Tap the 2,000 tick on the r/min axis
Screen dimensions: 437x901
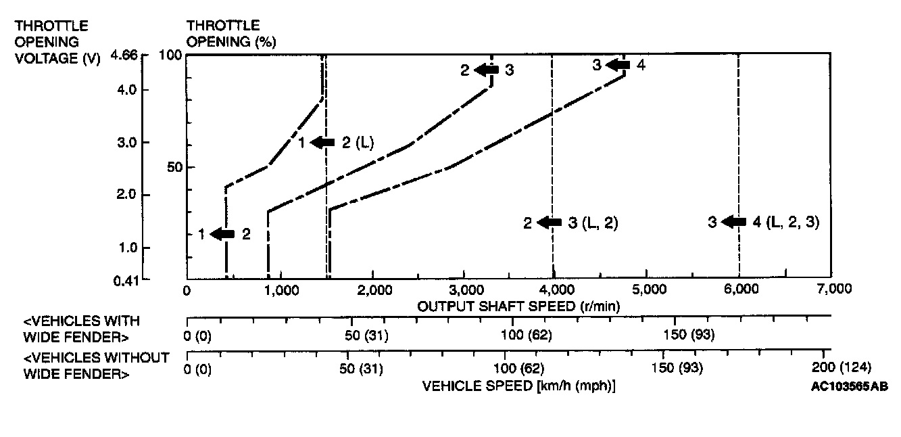coord(373,290)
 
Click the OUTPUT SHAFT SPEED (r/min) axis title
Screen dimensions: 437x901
coord(519,306)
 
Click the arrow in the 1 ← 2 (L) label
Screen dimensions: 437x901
coord(323,142)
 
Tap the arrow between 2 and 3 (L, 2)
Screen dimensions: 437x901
coord(550,223)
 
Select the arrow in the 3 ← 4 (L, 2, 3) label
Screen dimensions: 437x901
coord(733,222)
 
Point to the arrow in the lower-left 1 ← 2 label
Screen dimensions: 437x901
coord(222,234)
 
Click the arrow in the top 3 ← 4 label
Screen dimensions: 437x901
coord(618,65)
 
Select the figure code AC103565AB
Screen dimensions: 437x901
coord(850,386)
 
